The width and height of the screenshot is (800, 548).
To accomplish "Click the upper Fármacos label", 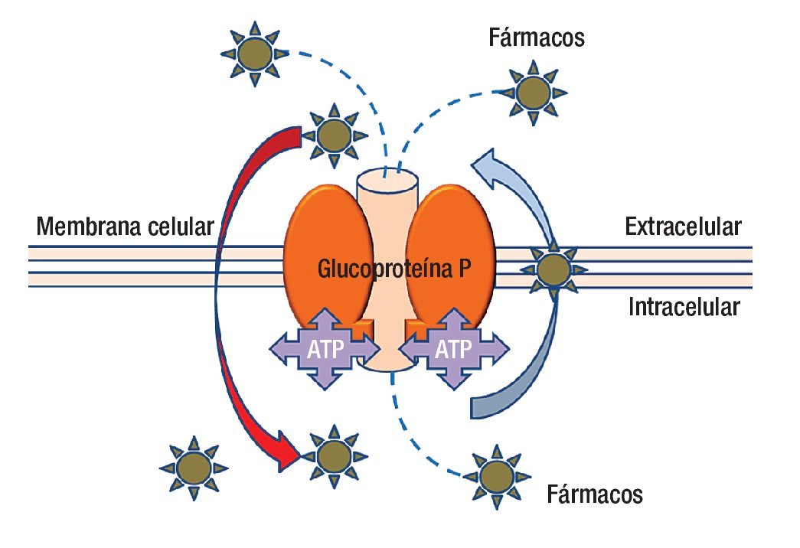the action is (536, 38).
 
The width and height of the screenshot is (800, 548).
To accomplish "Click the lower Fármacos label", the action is (594, 494).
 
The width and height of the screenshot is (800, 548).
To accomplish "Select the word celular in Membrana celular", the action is (181, 226).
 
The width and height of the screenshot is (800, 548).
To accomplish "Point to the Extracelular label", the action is (683, 226).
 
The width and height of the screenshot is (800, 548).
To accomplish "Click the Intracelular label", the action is (684, 307).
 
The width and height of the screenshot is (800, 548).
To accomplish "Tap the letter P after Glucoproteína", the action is (463, 269).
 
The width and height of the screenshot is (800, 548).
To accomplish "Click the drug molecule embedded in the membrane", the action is (553, 269).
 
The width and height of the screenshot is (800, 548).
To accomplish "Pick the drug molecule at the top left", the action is (255, 53).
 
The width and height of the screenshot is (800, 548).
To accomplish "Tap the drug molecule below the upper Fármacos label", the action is (533, 93).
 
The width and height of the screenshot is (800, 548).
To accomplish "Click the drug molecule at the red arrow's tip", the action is (334, 456).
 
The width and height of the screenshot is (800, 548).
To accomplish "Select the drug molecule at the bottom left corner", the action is (194, 468).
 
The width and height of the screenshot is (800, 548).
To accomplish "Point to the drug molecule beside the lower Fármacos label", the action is (496, 477).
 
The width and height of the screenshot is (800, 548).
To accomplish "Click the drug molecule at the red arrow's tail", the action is (334, 135).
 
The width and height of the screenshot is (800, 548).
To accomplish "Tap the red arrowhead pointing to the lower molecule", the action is (287, 452).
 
